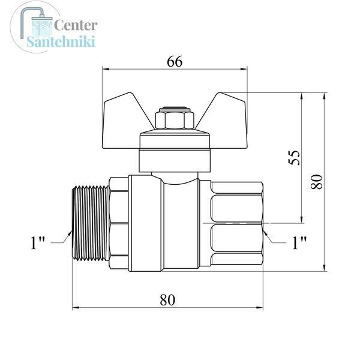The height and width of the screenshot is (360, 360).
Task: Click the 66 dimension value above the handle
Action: pos(175,62)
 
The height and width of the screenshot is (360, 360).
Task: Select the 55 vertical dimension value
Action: pos(294,157)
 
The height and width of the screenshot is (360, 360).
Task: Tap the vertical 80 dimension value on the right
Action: pos(317,181)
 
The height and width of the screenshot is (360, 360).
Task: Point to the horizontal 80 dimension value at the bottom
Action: pos(167,299)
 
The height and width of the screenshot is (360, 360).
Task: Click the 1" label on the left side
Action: pos(37,242)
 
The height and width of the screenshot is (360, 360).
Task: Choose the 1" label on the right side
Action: pos(299,242)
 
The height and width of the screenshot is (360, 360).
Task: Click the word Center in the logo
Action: pos(76,25)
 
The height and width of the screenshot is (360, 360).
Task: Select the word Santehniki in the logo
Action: pos(61,41)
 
